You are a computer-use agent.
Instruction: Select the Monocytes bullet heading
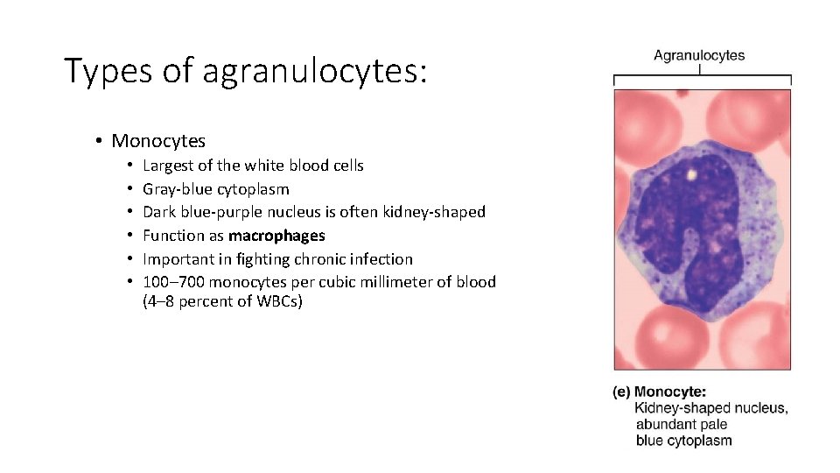(x=158, y=141)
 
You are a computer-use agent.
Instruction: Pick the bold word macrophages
(x=276, y=236)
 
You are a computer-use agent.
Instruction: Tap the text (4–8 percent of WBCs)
(x=222, y=303)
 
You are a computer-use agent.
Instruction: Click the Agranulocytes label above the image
(x=699, y=56)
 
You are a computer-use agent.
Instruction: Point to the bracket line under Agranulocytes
(x=702, y=78)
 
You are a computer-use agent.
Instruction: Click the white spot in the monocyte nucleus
(x=691, y=174)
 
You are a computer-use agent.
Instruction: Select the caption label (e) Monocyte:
(x=659, y=392)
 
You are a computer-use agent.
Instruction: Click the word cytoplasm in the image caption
(x=696, y=441)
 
